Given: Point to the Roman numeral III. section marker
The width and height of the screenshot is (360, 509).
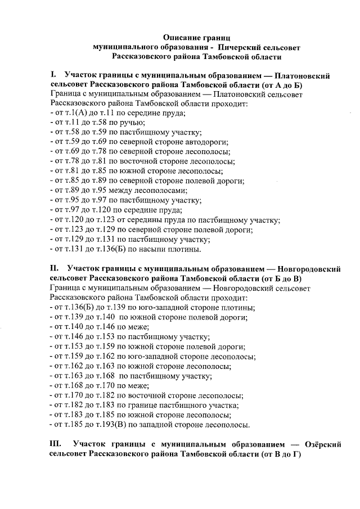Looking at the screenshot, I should point(57,444).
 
